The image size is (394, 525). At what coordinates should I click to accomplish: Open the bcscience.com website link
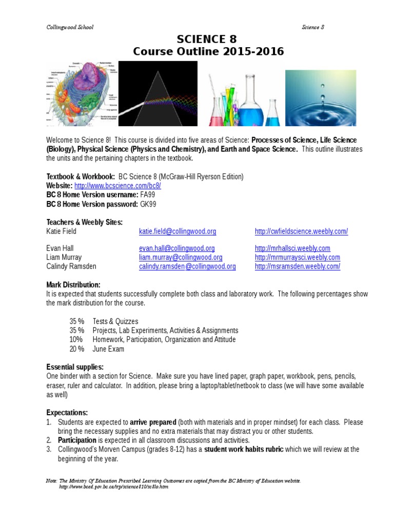pyautogui.click(x=117, y=186)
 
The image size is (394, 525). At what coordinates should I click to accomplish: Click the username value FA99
pyautogui.click(x=148, y=195)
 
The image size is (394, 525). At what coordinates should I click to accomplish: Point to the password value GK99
pyautogui.click(x=148, y=204)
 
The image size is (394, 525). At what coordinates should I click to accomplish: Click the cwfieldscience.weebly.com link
pyautogui.click(x=301, y=231)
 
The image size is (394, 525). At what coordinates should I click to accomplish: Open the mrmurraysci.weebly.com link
pyautogui.click(x=297, y=257)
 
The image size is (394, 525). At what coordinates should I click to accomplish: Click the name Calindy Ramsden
pyautogui.click(x=71, y=267)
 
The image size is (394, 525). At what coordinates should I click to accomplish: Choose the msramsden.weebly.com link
pyautogui.click(x=297, y=267)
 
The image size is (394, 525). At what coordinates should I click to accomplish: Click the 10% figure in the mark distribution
pyautogui.click(x=76, y=339)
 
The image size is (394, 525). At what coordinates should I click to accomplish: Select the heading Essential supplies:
pyautogui.click(x=75, y=367)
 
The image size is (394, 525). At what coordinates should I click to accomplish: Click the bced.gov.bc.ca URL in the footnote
pyautogui.click(x=113, y=487)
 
